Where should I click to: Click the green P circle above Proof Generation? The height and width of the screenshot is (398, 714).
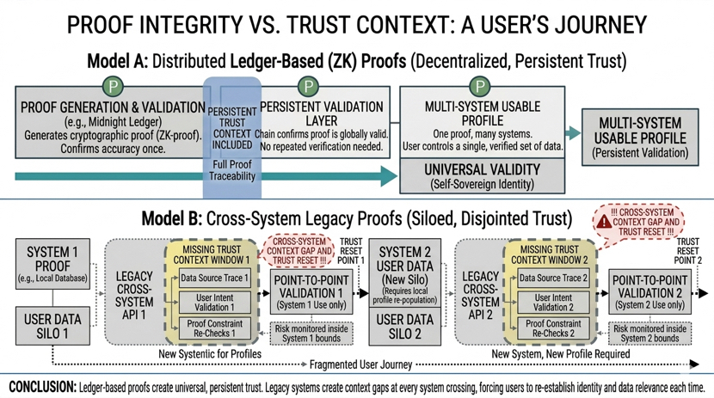[112, 87]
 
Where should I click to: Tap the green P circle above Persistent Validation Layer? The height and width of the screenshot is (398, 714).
[308, 87]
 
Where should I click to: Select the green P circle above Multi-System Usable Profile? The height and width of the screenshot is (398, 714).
[481, 87]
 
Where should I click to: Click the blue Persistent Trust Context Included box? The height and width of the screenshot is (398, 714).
[232, 138]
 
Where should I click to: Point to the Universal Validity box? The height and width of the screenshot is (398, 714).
[482, 175]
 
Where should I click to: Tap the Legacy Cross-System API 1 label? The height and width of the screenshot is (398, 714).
[134, 291]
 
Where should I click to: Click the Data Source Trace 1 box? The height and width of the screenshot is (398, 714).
[214, 278]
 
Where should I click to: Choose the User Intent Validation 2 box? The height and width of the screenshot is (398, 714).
[552, 302]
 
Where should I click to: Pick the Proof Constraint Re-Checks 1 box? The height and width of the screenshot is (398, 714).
[214, 328]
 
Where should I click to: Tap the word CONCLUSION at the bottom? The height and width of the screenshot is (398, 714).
[40, 385]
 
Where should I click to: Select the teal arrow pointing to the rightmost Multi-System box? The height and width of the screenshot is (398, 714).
[573, 133]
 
